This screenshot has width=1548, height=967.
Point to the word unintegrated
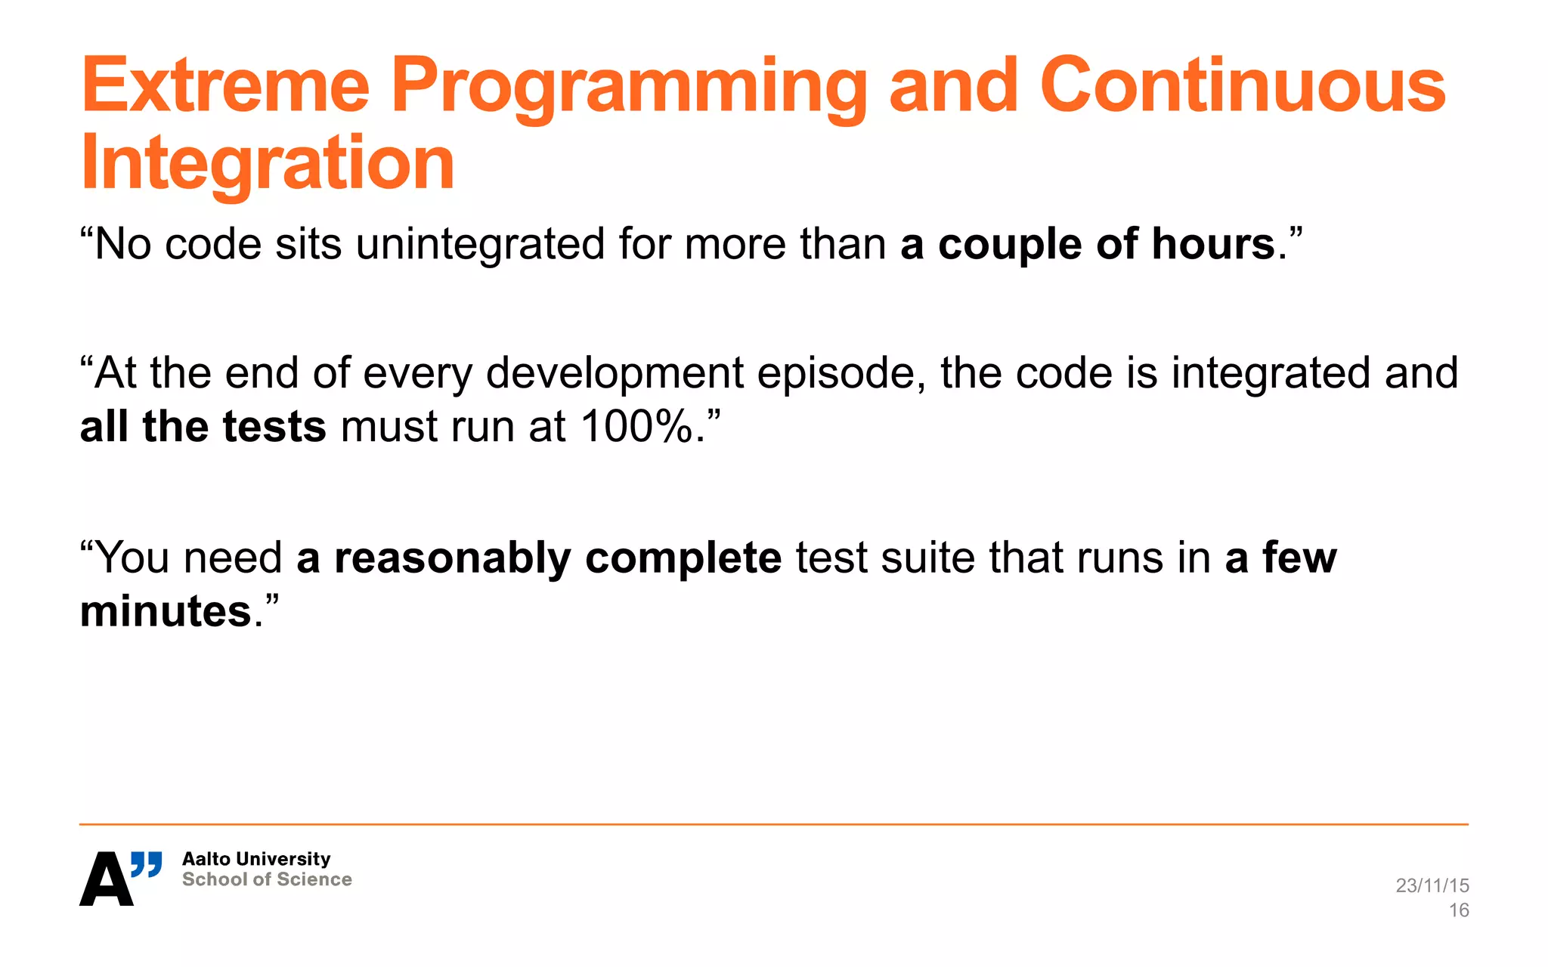coord(480,245)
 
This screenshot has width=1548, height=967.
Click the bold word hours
coord(1213,245)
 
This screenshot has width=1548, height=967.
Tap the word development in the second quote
coord(615,374)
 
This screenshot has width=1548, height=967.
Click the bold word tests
coord(274,427)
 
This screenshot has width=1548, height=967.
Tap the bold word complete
coord(683,560)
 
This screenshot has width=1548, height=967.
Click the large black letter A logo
coord(106,879)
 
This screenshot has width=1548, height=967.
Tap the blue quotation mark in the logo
coord(147,864)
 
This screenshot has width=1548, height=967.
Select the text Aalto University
coord(256,859)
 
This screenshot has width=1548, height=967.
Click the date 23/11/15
coord(1432,885)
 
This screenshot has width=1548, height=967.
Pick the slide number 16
coord(1458,910)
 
